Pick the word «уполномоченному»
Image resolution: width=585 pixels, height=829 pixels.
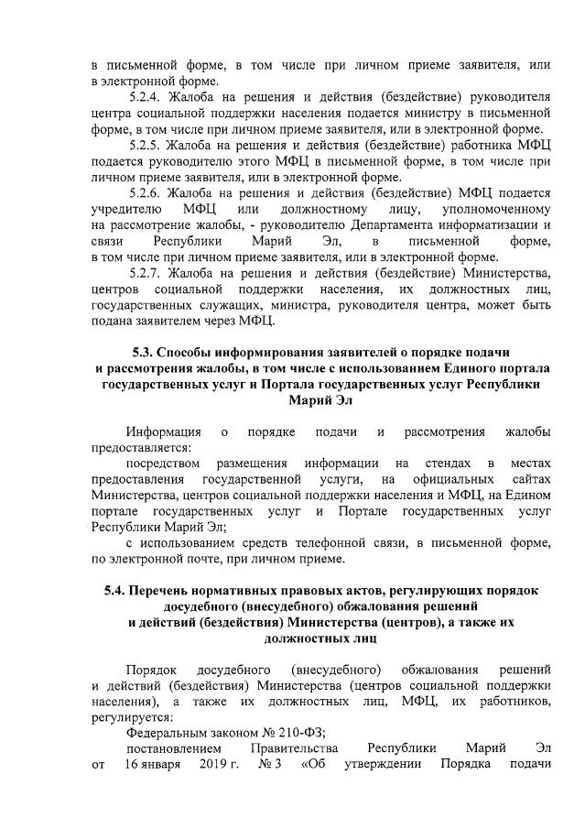(502, 209)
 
